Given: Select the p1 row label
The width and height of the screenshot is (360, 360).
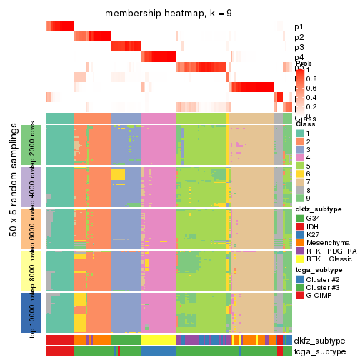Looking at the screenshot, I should (299, 26).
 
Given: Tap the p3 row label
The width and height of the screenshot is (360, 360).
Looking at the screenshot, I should (299, 47).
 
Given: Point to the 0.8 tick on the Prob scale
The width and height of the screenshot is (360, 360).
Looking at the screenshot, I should (311, 79).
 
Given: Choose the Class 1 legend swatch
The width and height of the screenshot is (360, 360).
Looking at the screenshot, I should (300, 134).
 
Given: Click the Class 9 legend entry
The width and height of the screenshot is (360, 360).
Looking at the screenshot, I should (300, 199).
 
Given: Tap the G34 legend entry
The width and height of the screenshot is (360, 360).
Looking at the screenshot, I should (300, 218).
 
